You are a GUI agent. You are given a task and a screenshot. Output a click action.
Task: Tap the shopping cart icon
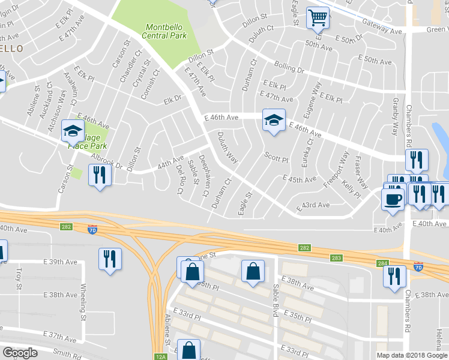(318, 17)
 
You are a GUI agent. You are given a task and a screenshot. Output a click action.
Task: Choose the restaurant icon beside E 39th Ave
(109, 259)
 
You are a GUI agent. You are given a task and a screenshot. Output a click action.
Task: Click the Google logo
(20, 352)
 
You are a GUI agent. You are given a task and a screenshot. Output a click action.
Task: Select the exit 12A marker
(160, 356)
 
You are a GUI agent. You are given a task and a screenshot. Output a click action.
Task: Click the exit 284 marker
(383, 262)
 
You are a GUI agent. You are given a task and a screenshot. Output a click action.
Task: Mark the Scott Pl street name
(277, 157)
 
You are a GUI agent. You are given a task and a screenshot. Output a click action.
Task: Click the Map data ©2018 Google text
(412, 355)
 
